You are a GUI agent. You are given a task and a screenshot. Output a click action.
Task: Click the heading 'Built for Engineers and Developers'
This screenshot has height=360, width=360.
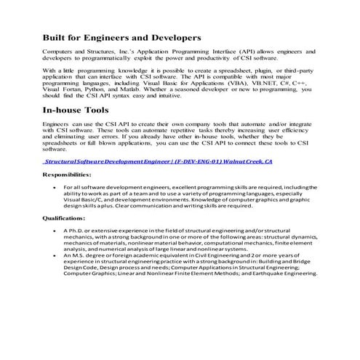pos(122,36)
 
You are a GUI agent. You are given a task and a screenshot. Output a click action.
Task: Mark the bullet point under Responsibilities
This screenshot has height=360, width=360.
pos(56,187)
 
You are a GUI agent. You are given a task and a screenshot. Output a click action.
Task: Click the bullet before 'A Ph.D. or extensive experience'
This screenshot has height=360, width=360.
pos(56,230)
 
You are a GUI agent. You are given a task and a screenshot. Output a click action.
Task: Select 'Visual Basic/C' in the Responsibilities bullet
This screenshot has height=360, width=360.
pos(82,199)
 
